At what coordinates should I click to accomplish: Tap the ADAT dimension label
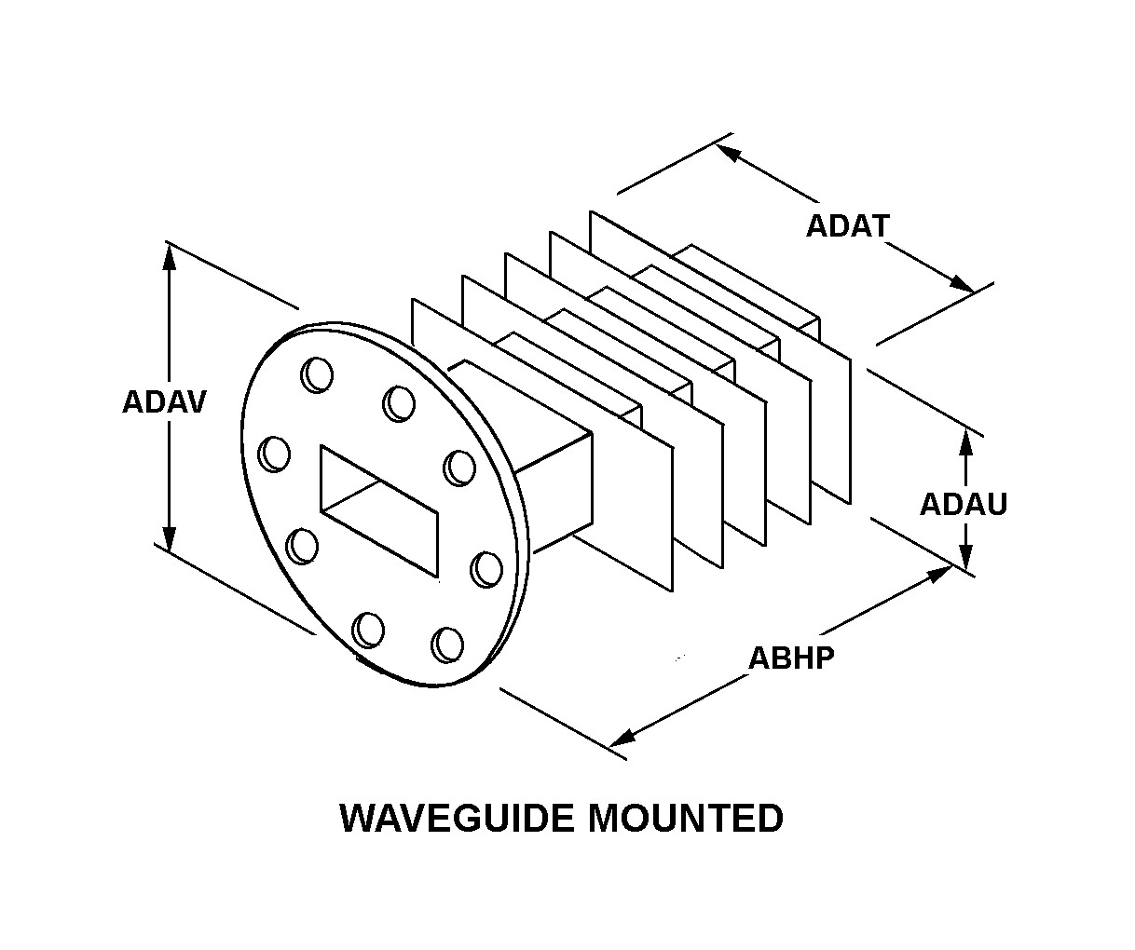click(847, 226)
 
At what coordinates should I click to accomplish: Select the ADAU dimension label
click(964, 505)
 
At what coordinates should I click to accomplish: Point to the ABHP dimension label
click(791, 658)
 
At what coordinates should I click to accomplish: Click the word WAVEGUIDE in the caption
click(456, 819)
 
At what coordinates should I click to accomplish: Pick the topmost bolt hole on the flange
click(316, 374)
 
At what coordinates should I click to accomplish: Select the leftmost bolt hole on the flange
click(275, 454)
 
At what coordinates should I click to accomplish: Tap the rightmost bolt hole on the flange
click(485, 569)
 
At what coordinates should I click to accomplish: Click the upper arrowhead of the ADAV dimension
click(169, 255)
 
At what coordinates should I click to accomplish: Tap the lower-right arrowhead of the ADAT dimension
click(960, 282)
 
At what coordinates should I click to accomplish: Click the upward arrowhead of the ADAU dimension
click(966, 445)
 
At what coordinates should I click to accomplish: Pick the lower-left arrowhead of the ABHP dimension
click(622, 738)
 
